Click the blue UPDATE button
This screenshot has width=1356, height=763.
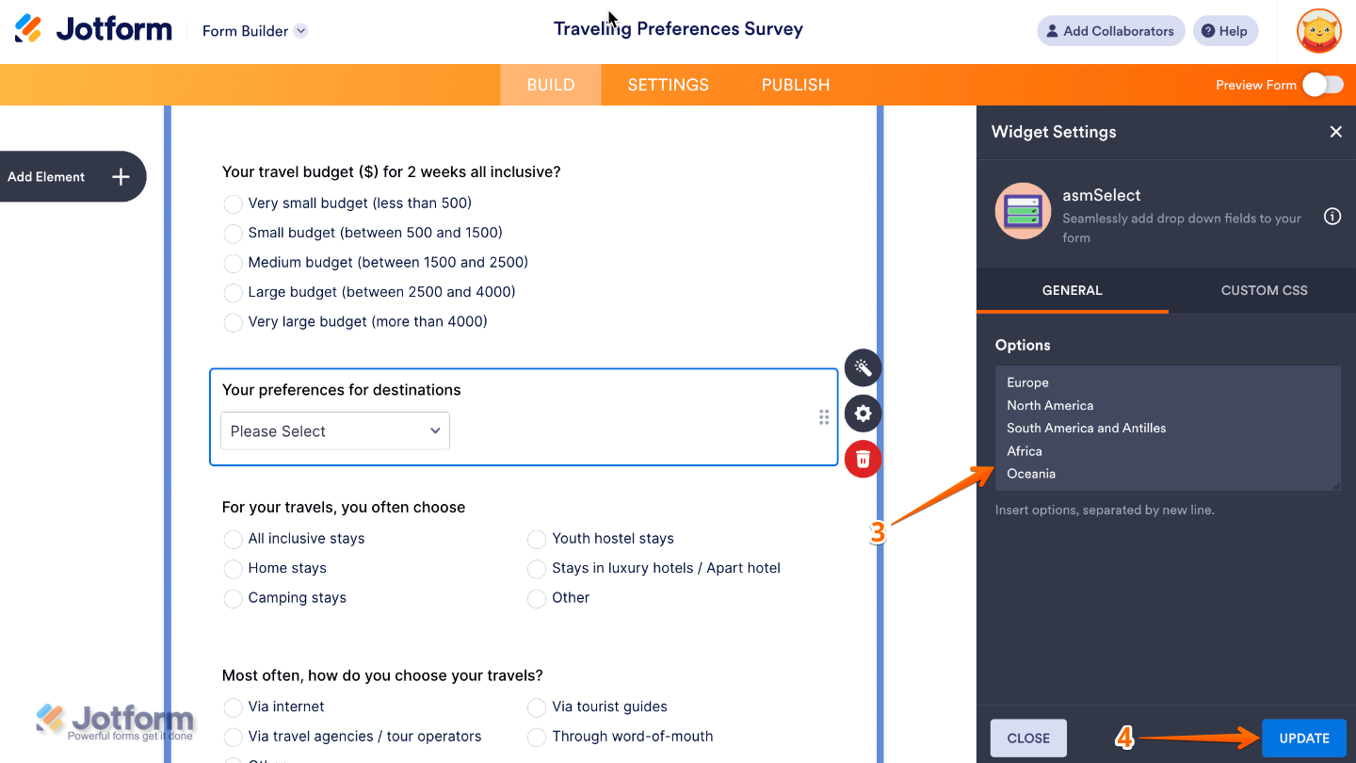point(1304,739)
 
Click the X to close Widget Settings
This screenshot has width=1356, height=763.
point(1335,132)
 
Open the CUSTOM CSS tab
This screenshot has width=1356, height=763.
point(1264,290)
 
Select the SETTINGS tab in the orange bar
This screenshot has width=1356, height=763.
point(668,85)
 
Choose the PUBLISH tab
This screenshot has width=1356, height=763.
point(796,85)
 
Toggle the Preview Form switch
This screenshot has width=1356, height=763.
point(1323,85)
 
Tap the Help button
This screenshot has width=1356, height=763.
point(1224,31)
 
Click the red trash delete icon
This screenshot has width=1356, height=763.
point(863,459)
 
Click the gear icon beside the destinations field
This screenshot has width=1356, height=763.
point(863,413)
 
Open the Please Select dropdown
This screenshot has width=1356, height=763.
point(335,431)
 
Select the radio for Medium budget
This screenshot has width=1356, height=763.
point(233,263)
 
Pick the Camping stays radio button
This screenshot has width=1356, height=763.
point(233,598)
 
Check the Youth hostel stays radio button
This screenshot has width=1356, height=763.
point(537,539)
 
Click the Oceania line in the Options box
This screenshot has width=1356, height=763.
point(1031,474)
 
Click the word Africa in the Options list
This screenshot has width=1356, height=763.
point(1025,451)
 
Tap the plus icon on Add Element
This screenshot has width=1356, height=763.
point(121,177)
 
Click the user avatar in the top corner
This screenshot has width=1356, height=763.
point(1318,31)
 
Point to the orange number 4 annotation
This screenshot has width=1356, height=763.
point(1124,739)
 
